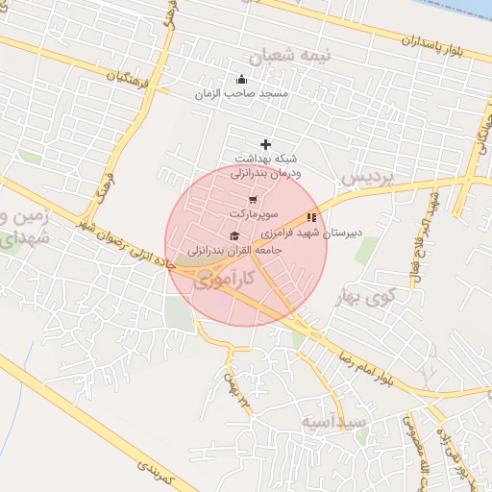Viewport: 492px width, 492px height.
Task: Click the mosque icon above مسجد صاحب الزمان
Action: (x=240, y=79)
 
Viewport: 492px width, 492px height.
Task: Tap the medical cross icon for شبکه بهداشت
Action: (x=266, y=144)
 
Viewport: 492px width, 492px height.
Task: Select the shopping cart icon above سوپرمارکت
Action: (x=253, y=200)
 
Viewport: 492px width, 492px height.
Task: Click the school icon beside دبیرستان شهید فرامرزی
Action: (x=310, y=217)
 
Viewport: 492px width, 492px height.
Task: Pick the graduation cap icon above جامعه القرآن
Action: (x=234, y=235)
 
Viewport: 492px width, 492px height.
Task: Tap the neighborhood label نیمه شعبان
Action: (x=327, y=56)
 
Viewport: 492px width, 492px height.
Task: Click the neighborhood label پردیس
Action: (x=368, y=179)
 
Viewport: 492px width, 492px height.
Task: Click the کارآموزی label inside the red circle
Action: (x=224, y=281)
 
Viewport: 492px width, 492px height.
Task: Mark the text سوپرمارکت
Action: (x=252, y=213)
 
